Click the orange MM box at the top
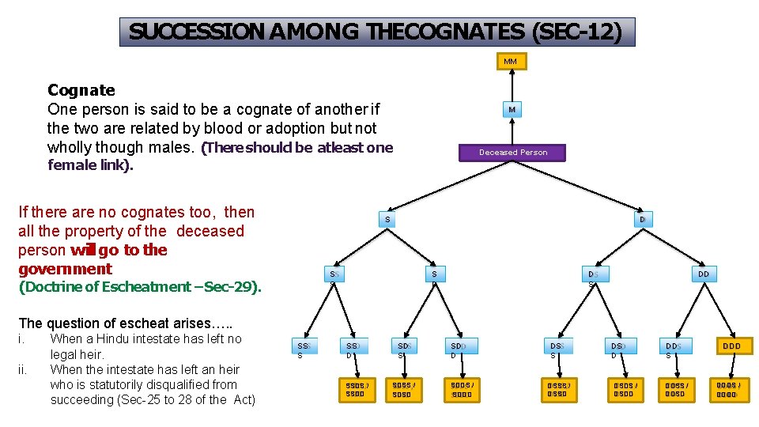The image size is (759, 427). click(511, 61)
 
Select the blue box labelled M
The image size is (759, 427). click(512, 110)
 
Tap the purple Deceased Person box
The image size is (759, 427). click(512, 152)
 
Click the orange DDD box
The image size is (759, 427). click(731, 346)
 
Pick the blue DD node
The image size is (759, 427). click(703, 274)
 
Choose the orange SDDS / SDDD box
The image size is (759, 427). click(461, 389)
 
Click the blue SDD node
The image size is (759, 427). click(459, 346)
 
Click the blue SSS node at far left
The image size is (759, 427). click(304, 346)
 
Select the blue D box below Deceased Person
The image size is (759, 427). click(644, 219)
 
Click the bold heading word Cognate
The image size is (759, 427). click(81, 90)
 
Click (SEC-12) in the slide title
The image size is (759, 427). click(577, 32)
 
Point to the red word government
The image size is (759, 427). click(65, 269)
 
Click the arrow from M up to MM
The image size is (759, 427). click(512, 85)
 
